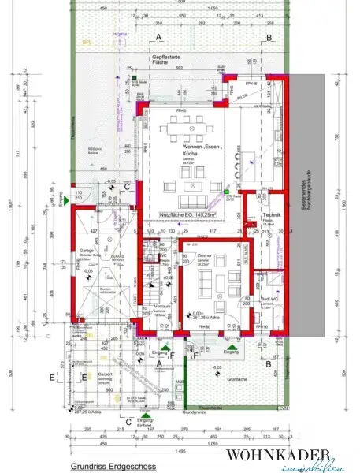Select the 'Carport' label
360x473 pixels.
click(x=105, y=374)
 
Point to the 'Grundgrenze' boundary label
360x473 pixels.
click(x=193, y=412)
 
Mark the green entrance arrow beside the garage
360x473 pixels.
click(x=72, y=203)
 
